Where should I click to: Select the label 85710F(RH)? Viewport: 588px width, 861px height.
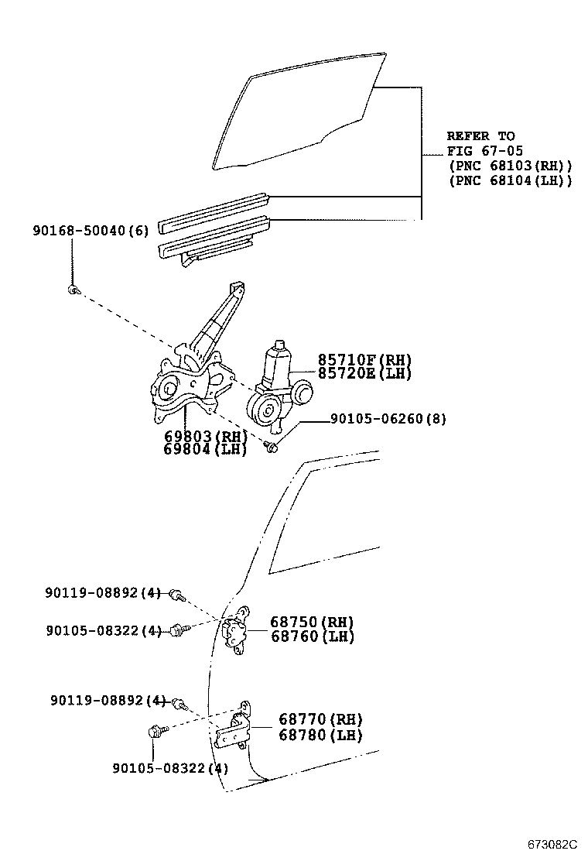(364, 360)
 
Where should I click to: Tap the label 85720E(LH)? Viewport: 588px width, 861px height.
(364, 373)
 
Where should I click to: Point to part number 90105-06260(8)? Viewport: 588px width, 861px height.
(388, 419)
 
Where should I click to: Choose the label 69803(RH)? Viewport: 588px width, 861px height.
(205, 437)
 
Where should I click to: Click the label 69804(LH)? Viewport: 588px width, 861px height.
(205, 450)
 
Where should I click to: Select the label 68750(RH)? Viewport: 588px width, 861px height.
(312, 623)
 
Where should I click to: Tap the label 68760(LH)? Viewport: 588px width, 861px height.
(312, 636)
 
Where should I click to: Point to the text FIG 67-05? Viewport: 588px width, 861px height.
(480, 151)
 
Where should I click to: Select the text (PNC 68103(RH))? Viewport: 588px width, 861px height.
(510, 166)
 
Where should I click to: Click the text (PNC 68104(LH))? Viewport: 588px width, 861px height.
(510, 180)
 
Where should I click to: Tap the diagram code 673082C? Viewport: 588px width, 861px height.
(552, 844)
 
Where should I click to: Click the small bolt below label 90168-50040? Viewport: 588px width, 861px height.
(71, 290)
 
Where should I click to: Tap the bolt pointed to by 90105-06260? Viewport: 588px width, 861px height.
(272, 446)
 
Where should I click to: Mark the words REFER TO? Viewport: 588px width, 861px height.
(480, 136)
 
